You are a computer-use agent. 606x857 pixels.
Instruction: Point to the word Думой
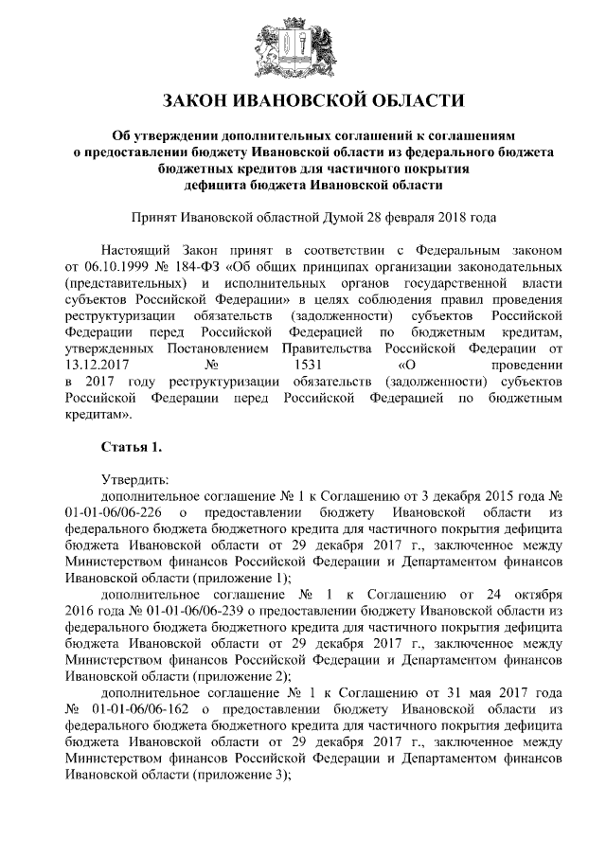[x=351, y=217]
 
